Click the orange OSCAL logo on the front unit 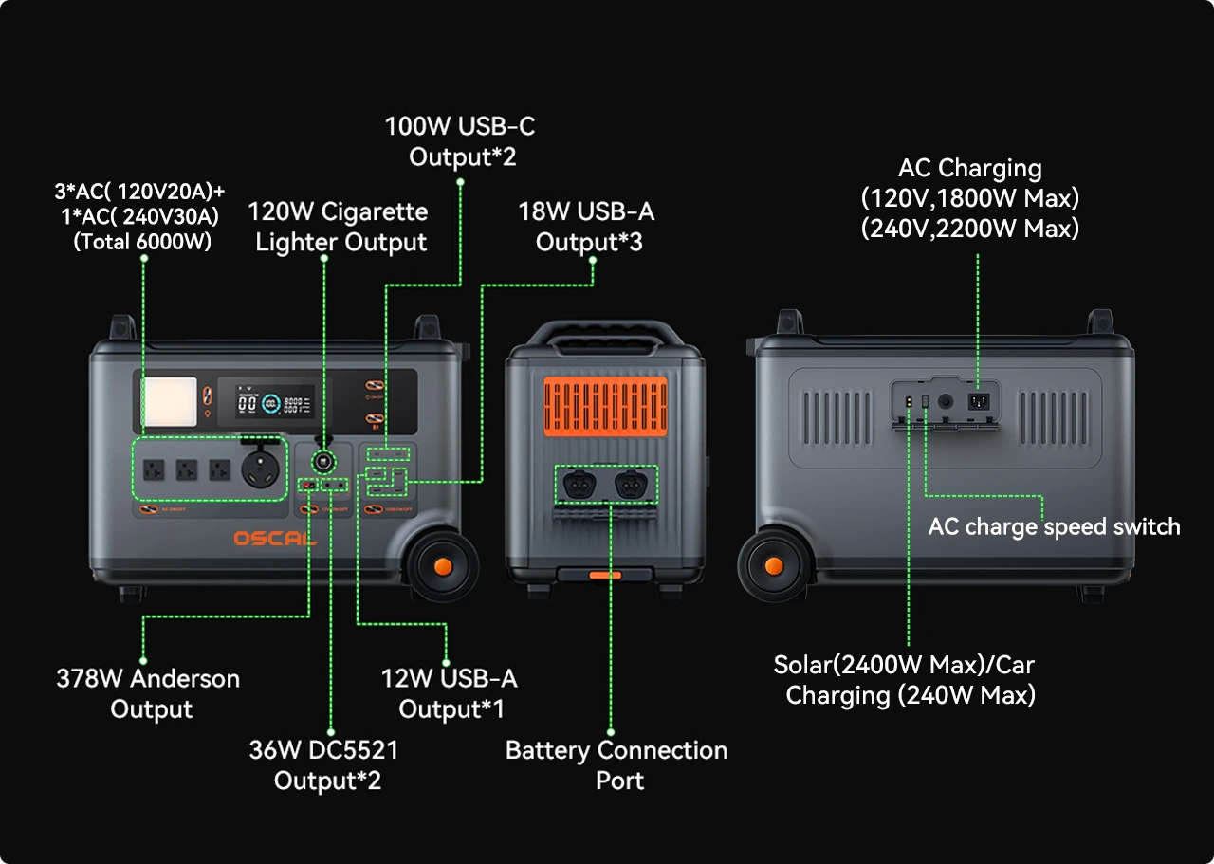click(x=275, y=539)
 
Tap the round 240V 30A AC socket click(x=261, y=469)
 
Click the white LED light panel click(x=171, y=400)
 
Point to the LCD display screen click(x=274, y=402)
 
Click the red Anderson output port click(x=308, y=486)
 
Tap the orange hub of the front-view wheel click(x=442, y=566)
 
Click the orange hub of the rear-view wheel click(x=774, y=566)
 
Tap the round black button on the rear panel click(x=945, y=401)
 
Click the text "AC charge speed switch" click(x=1054, y=526)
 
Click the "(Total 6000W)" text click(x=142, y=242)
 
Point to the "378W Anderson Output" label click(x=148, y=693)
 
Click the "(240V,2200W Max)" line click(x=969, y=229)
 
